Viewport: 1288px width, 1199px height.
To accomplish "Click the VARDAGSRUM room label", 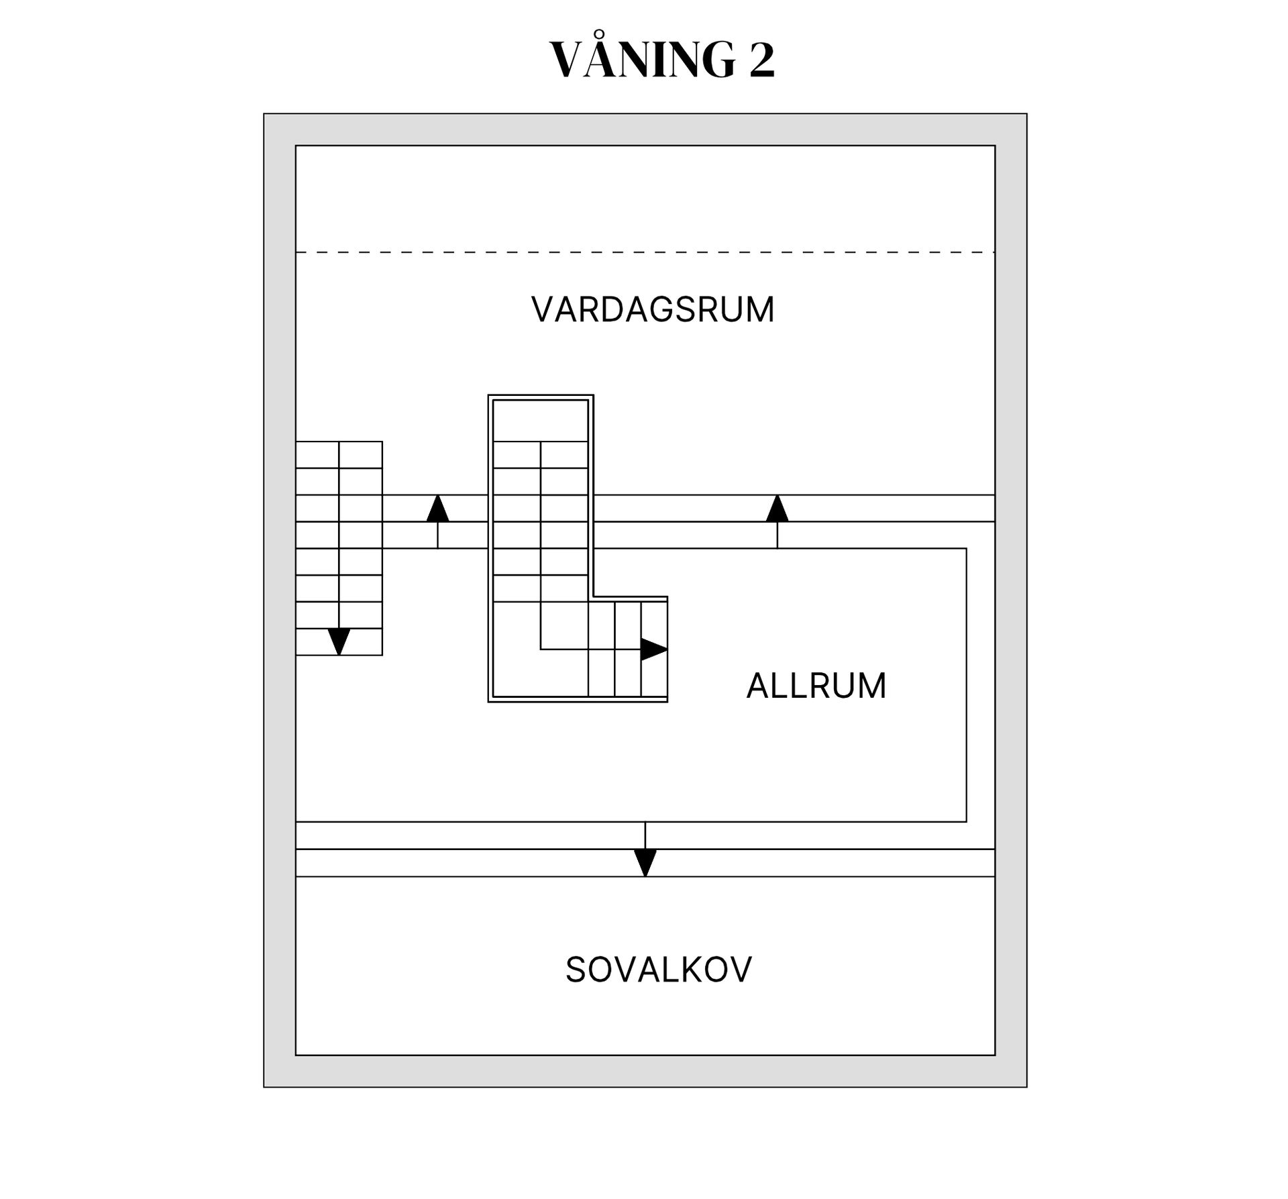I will pos(653,310).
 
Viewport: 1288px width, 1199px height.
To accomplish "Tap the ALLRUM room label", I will pos(816,686).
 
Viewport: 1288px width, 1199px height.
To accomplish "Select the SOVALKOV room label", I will pos(659,970).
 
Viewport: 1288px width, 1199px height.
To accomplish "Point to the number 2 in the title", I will pos(761,60).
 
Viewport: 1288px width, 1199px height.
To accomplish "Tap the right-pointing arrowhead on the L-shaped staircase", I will pos(653,649).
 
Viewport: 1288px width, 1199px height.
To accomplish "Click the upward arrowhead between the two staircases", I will pos(438,509).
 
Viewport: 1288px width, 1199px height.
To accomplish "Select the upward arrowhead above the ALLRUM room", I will pos(777,509).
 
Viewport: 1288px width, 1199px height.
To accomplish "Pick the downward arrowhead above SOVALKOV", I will pos(645,862).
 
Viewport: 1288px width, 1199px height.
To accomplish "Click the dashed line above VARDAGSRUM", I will pos(644,252).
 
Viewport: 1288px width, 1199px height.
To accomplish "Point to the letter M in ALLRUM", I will pos(871,686).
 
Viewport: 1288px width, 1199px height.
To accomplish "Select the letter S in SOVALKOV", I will pos(576,970).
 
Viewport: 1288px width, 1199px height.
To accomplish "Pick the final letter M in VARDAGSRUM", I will pos(760,310).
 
